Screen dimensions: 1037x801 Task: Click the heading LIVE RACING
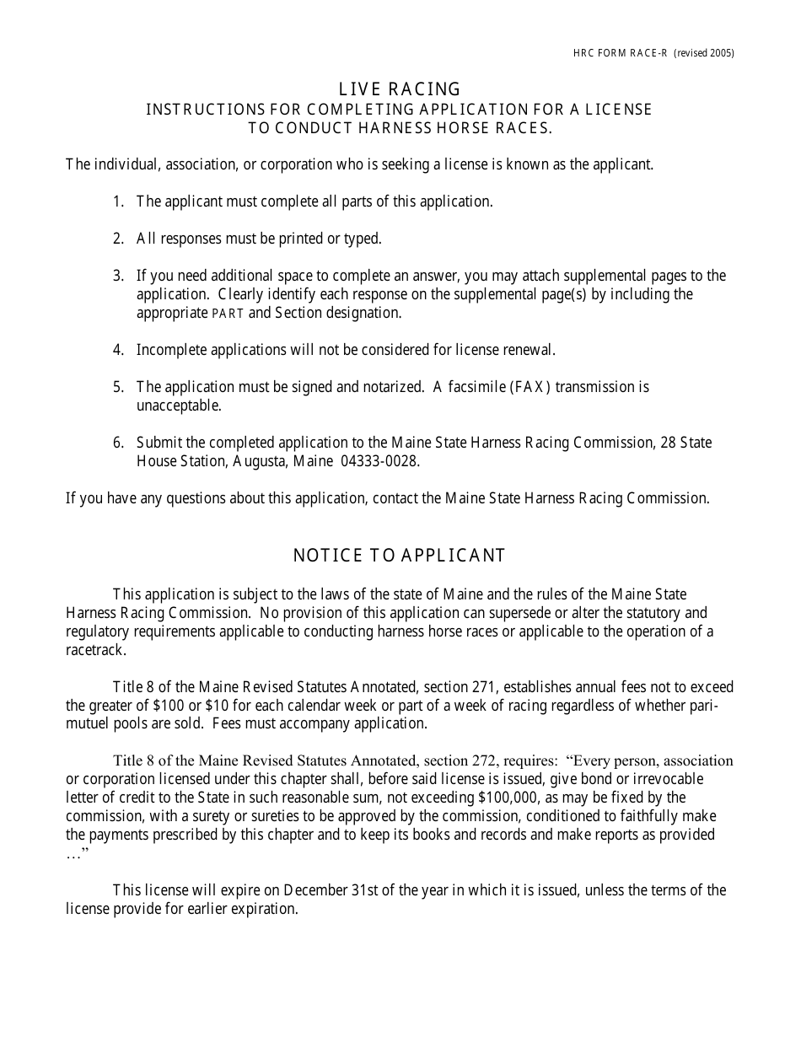coord(400,89)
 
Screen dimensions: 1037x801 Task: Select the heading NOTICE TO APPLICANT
coord(399,556)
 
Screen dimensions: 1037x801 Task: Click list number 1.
coord(118,201)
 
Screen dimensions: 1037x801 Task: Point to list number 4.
coord(118,350)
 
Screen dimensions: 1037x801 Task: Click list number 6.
coord(118,443)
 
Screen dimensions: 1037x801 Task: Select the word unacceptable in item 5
coord(179,406)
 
